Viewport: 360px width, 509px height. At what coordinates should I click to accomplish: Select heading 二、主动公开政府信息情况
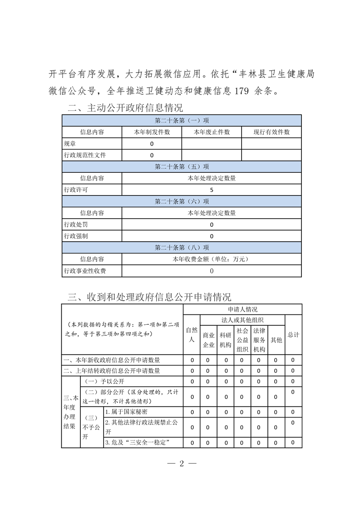[x=125, y=108]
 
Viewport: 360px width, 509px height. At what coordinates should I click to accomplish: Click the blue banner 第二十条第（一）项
[x=182, y=120]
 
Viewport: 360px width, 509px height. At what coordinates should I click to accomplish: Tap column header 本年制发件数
[x=152, y=132]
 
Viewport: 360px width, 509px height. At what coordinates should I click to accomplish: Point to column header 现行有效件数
[x=271, y=132]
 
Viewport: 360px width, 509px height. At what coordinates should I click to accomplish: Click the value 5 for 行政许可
[x=212, y=190]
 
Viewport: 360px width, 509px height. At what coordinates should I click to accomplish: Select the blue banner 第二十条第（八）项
[x=182, y=248]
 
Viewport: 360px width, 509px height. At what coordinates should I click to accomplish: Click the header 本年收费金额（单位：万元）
[x=212, y=259]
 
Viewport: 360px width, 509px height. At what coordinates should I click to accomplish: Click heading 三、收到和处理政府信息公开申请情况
[x=149, y=297]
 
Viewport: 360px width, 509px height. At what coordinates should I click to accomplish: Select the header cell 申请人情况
[x=242, y=309]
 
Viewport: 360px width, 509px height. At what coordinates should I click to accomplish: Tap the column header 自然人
[x=191, y=335]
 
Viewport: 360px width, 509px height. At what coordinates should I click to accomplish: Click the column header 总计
[x=293, y=335]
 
